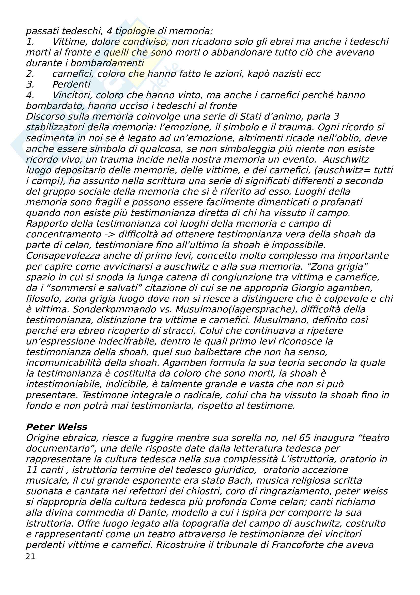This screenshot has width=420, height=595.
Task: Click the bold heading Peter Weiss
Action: pos(57,427)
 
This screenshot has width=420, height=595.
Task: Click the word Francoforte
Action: pos(294,545)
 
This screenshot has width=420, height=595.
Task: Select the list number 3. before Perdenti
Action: pos(30,84)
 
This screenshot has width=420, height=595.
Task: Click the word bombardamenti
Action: pos(107,63)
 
